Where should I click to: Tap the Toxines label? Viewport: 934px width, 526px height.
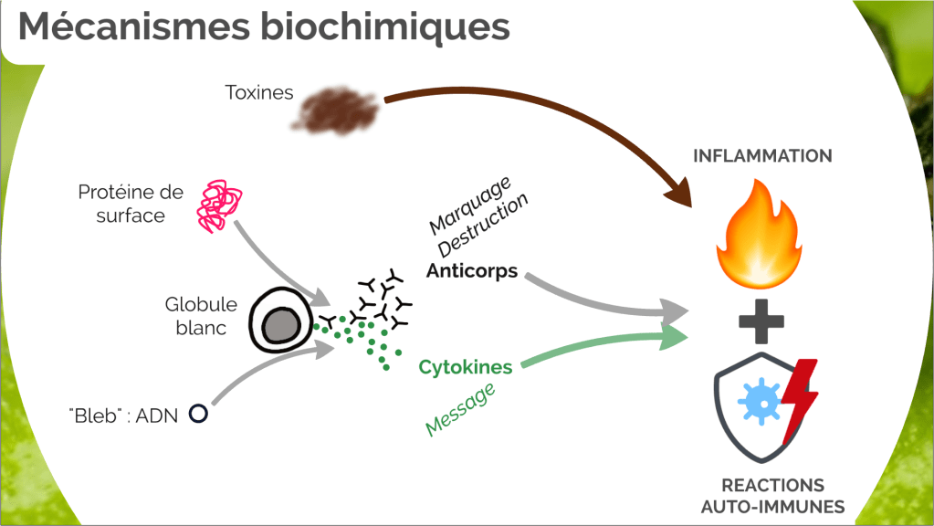[x=259, y=92]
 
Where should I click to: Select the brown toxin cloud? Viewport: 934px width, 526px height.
[x=339, y=110]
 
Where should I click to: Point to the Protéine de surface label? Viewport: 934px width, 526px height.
[x=131, y=205]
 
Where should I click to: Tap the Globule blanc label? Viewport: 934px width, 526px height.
[x=201, y=316]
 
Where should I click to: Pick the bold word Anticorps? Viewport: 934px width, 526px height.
[x=472, y=271]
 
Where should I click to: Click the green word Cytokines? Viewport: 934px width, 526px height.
[x=466, y=367]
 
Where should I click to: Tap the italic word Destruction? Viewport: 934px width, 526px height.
[x=484, y=226]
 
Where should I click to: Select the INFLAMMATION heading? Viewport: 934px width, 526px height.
[x=762, y=155]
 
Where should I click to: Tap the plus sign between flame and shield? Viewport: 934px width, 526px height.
[x=761, y=321]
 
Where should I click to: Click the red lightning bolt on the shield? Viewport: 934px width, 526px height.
[x=800, y=398]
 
